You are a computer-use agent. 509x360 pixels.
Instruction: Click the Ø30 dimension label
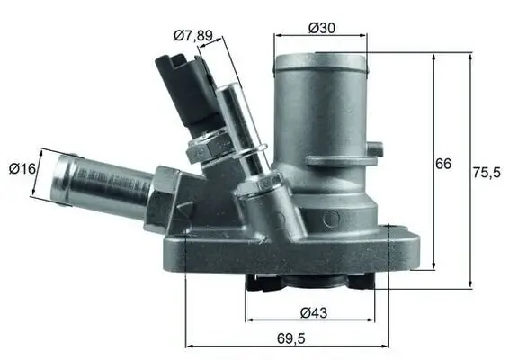321,28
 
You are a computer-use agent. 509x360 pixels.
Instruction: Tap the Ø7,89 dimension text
192,36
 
